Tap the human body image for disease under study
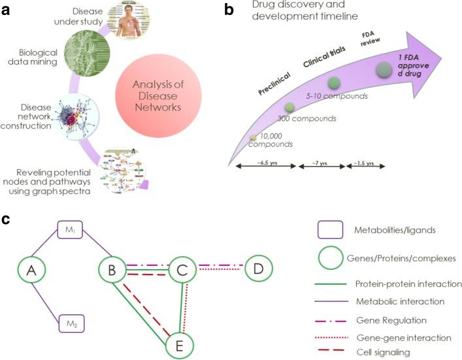[125, 18]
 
